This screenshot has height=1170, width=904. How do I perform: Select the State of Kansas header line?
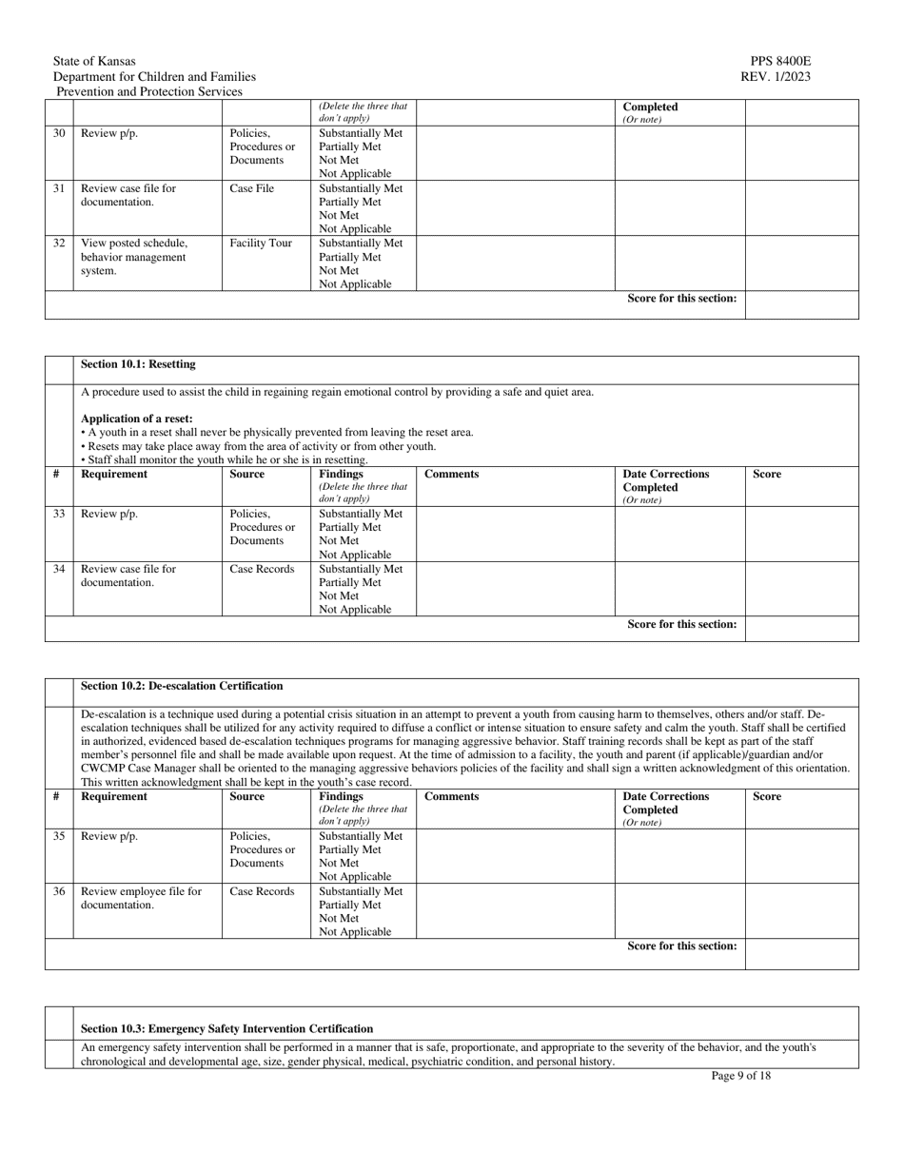94,62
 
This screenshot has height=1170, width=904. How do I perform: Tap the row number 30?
59,134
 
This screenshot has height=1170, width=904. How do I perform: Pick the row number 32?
59,244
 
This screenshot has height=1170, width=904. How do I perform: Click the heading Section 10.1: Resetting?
138,364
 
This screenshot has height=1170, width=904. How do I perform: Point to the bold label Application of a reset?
136,419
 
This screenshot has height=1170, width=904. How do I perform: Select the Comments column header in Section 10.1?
451,475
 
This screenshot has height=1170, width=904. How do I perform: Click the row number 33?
59,515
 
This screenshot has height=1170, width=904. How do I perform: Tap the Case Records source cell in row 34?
262,570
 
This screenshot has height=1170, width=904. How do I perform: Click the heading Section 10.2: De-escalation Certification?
182,686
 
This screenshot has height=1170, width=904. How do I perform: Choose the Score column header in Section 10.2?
766,797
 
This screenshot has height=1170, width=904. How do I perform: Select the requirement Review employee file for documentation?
141,899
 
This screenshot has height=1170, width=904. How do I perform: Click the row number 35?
59,837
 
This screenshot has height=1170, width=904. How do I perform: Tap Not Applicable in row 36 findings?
355,932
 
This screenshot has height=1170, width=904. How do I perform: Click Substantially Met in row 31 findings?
361,189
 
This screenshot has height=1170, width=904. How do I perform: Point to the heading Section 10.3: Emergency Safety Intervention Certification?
226,1029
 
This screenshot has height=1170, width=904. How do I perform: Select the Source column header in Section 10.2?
247,797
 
